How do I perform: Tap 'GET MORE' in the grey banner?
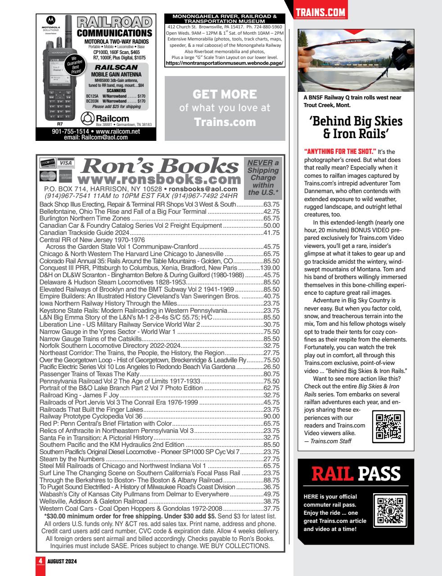(225, 94)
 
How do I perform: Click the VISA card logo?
(65, 162)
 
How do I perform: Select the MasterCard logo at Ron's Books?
(47, 175)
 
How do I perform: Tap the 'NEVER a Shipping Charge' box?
(263, 178)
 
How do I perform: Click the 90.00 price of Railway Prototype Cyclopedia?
(271, 416)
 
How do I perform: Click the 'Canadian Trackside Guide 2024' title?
(85, 233)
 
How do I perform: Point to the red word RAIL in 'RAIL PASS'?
(333, 473)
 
